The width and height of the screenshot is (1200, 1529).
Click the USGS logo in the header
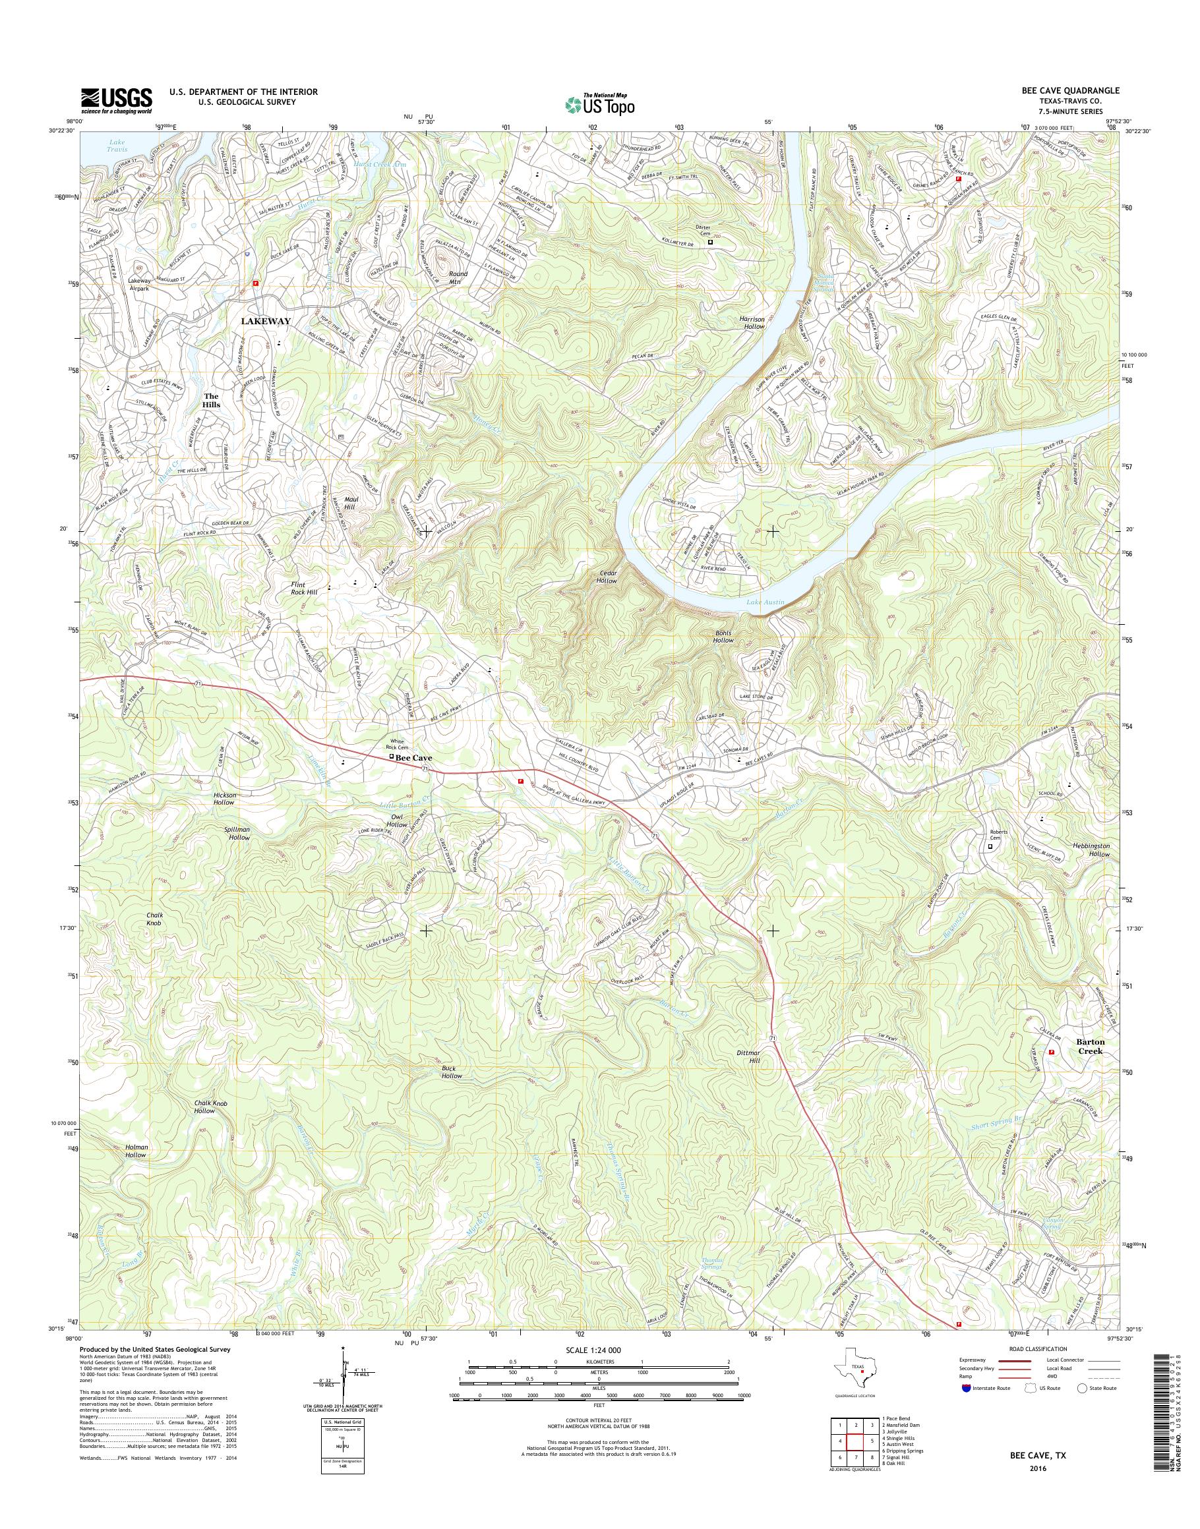pyautogui.click(x=116, y=100)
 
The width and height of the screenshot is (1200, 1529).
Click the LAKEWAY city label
pyautogui.click(x=266, y=320)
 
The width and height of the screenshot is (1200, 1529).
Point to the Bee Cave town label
pyautogui.click(x=414, y=759)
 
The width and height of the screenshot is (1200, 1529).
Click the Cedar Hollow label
pyautogui.click(x=607, y=577)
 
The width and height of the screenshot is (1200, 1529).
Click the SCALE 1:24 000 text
pyautogui.click(x=597, y=1350)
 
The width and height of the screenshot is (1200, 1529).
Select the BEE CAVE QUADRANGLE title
pyautogui.click(x=1073, y=90)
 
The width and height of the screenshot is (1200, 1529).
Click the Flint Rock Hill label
pyautogui.click(x=304, y=588)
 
